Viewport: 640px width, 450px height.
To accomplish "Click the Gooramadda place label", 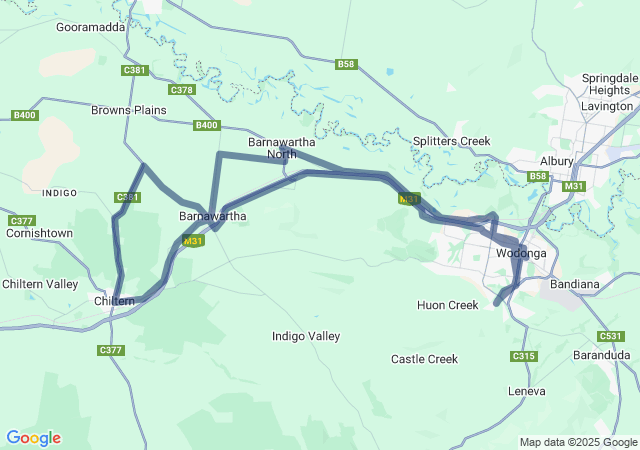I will click(90, 27).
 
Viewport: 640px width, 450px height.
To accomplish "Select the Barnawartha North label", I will click(273, 148).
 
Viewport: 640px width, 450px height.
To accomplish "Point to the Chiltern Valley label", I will click(39, 284).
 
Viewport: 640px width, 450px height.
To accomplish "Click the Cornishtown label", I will click(39, 233).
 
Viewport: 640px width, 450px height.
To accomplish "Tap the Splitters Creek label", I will click(452, 141).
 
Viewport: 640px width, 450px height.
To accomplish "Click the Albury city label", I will click(556, 161).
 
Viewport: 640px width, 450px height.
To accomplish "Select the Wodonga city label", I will click(521, 254).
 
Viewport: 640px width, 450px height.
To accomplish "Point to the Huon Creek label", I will click(448, 304).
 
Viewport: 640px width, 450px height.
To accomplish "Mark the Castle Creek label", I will click(424, 358).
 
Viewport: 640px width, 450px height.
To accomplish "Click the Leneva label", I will click(528, 390).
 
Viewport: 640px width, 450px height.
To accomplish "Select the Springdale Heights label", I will click(609, 84).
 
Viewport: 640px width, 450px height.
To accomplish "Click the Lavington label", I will click(608, 106).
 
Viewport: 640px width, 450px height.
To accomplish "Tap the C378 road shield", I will click(182, 90).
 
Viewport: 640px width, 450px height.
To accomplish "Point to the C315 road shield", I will click(522, 356).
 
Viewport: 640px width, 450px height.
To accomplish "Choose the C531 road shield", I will click(610, 336).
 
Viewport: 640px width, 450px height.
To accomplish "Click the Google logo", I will click(33, 438).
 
